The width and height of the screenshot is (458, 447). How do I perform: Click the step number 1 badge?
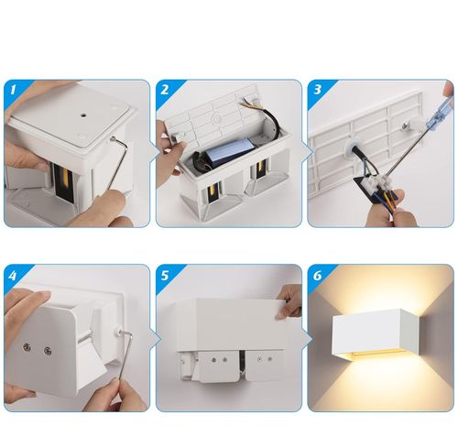[x=13, y=90]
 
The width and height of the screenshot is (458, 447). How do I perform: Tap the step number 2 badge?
[x=165, y=90]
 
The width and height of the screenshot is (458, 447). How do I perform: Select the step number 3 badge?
[x=318, y=90]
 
